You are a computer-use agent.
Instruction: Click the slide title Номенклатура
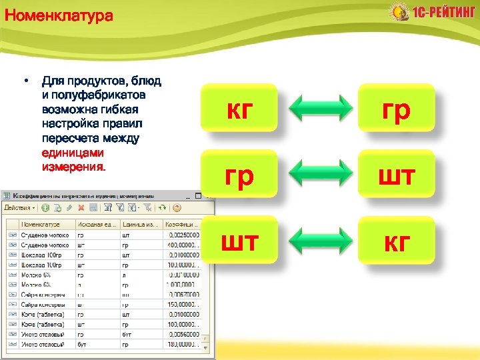tap(59, 15)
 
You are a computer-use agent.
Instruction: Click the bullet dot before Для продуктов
tap(25, 81)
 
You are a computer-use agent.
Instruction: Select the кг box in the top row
tap(239, 107)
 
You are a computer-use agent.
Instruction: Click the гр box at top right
tap(396, 107)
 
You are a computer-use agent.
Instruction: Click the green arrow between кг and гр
tap(317, 107)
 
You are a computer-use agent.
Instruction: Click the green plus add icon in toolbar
tap(46, 208)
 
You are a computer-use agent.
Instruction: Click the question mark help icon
tap(177, 208)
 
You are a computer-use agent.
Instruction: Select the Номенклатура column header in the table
tap(47, 225)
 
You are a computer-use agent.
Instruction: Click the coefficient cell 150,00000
tap(183, 305)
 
